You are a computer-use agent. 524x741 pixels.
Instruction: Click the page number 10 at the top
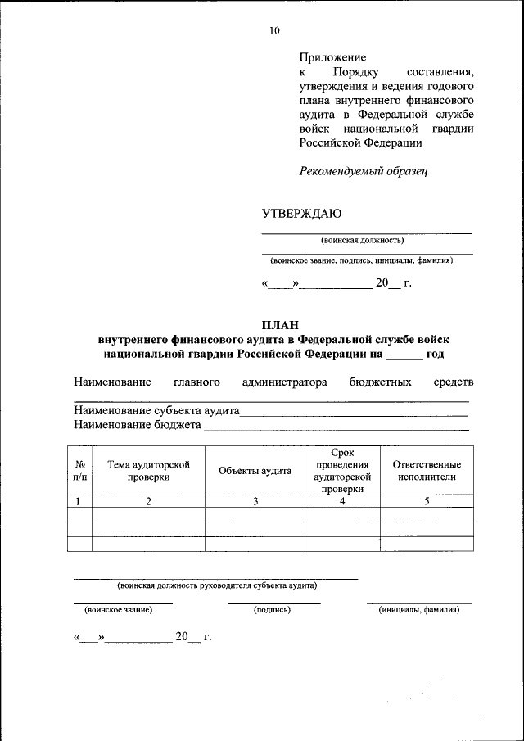(274, 31)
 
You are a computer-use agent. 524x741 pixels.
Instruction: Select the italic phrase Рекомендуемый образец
(363, 171)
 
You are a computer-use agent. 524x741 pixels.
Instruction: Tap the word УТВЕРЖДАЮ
(301, 214)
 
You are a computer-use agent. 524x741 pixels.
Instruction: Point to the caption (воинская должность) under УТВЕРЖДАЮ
(363, 241)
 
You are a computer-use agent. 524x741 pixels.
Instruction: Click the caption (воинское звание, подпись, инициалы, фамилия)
(362, 260)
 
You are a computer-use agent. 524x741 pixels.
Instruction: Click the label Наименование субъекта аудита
(156, 410)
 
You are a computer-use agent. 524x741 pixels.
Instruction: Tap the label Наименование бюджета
(138, 425)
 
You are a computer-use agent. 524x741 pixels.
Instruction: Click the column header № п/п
(79, 470)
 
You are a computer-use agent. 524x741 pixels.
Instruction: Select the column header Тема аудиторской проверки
(148, 470)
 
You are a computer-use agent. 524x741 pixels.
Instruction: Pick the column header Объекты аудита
(255, 471)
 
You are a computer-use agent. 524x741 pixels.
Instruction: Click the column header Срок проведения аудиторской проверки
(342, 471)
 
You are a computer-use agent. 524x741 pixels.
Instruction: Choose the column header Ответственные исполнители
(427, 470)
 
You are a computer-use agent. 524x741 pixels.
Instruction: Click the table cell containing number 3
(255, 502)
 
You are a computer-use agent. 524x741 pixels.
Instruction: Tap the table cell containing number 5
(427, 502)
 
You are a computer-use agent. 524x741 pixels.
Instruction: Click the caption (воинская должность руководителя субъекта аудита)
(216, 585)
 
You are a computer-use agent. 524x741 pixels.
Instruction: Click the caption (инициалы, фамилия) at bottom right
(419, 610)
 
